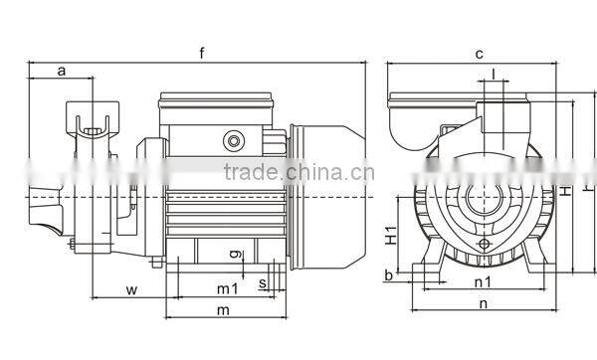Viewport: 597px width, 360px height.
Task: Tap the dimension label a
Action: [x=62, y=70]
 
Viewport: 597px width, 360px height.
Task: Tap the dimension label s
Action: [x=262, y=284]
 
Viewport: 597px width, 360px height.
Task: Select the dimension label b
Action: [x=386, y=273]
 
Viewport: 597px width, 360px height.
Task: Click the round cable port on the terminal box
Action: [x=235, y=139]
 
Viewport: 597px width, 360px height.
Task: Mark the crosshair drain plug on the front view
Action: [x=485, y=243]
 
